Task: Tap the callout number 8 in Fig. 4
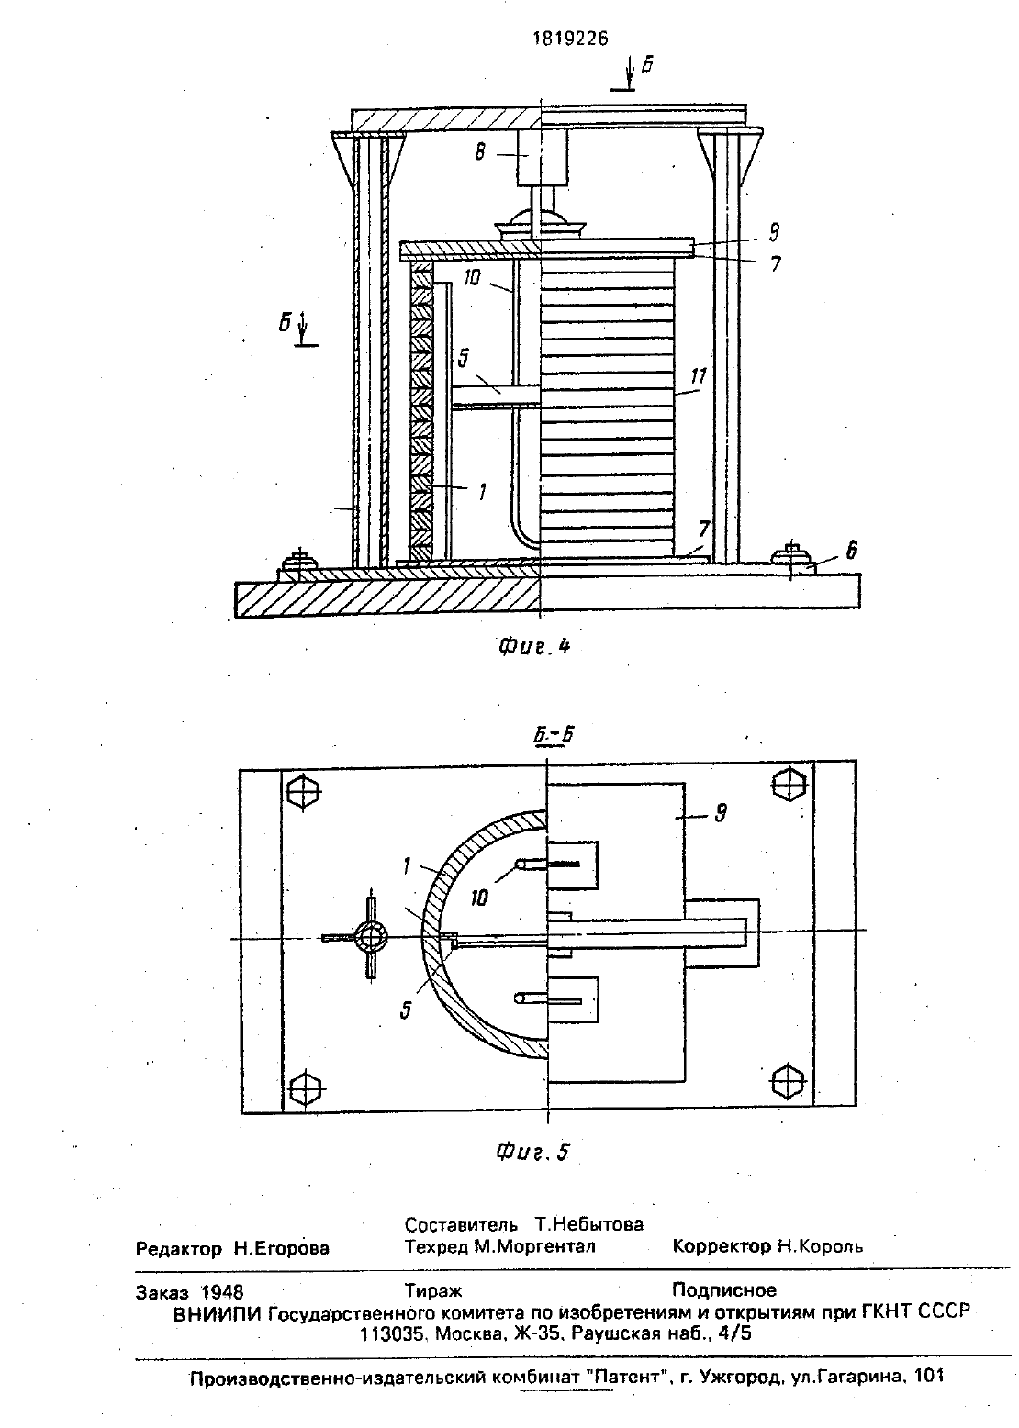click(x=479, y=152)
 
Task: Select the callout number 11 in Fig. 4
click(x=699, y=376)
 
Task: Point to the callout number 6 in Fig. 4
click(x=851, y=550)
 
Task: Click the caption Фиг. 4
click(x=533, y=646)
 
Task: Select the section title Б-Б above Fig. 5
click(x=553, y=735)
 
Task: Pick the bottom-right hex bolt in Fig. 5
click(x=788, y=1079)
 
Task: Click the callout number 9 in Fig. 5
click(x=721, y=813)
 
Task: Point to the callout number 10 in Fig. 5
click(x=478, y=898)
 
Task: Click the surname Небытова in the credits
click(x=588, y=1224)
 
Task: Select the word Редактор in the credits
click(x=179, y=1248)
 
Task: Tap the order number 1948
click(x=222, y=1291)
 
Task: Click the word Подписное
click(x=724, y=1290)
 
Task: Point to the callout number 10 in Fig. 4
click(x=472, y=278)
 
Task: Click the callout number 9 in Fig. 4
click(x=774, y=232)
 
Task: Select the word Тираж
click(x=433, y=1290)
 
